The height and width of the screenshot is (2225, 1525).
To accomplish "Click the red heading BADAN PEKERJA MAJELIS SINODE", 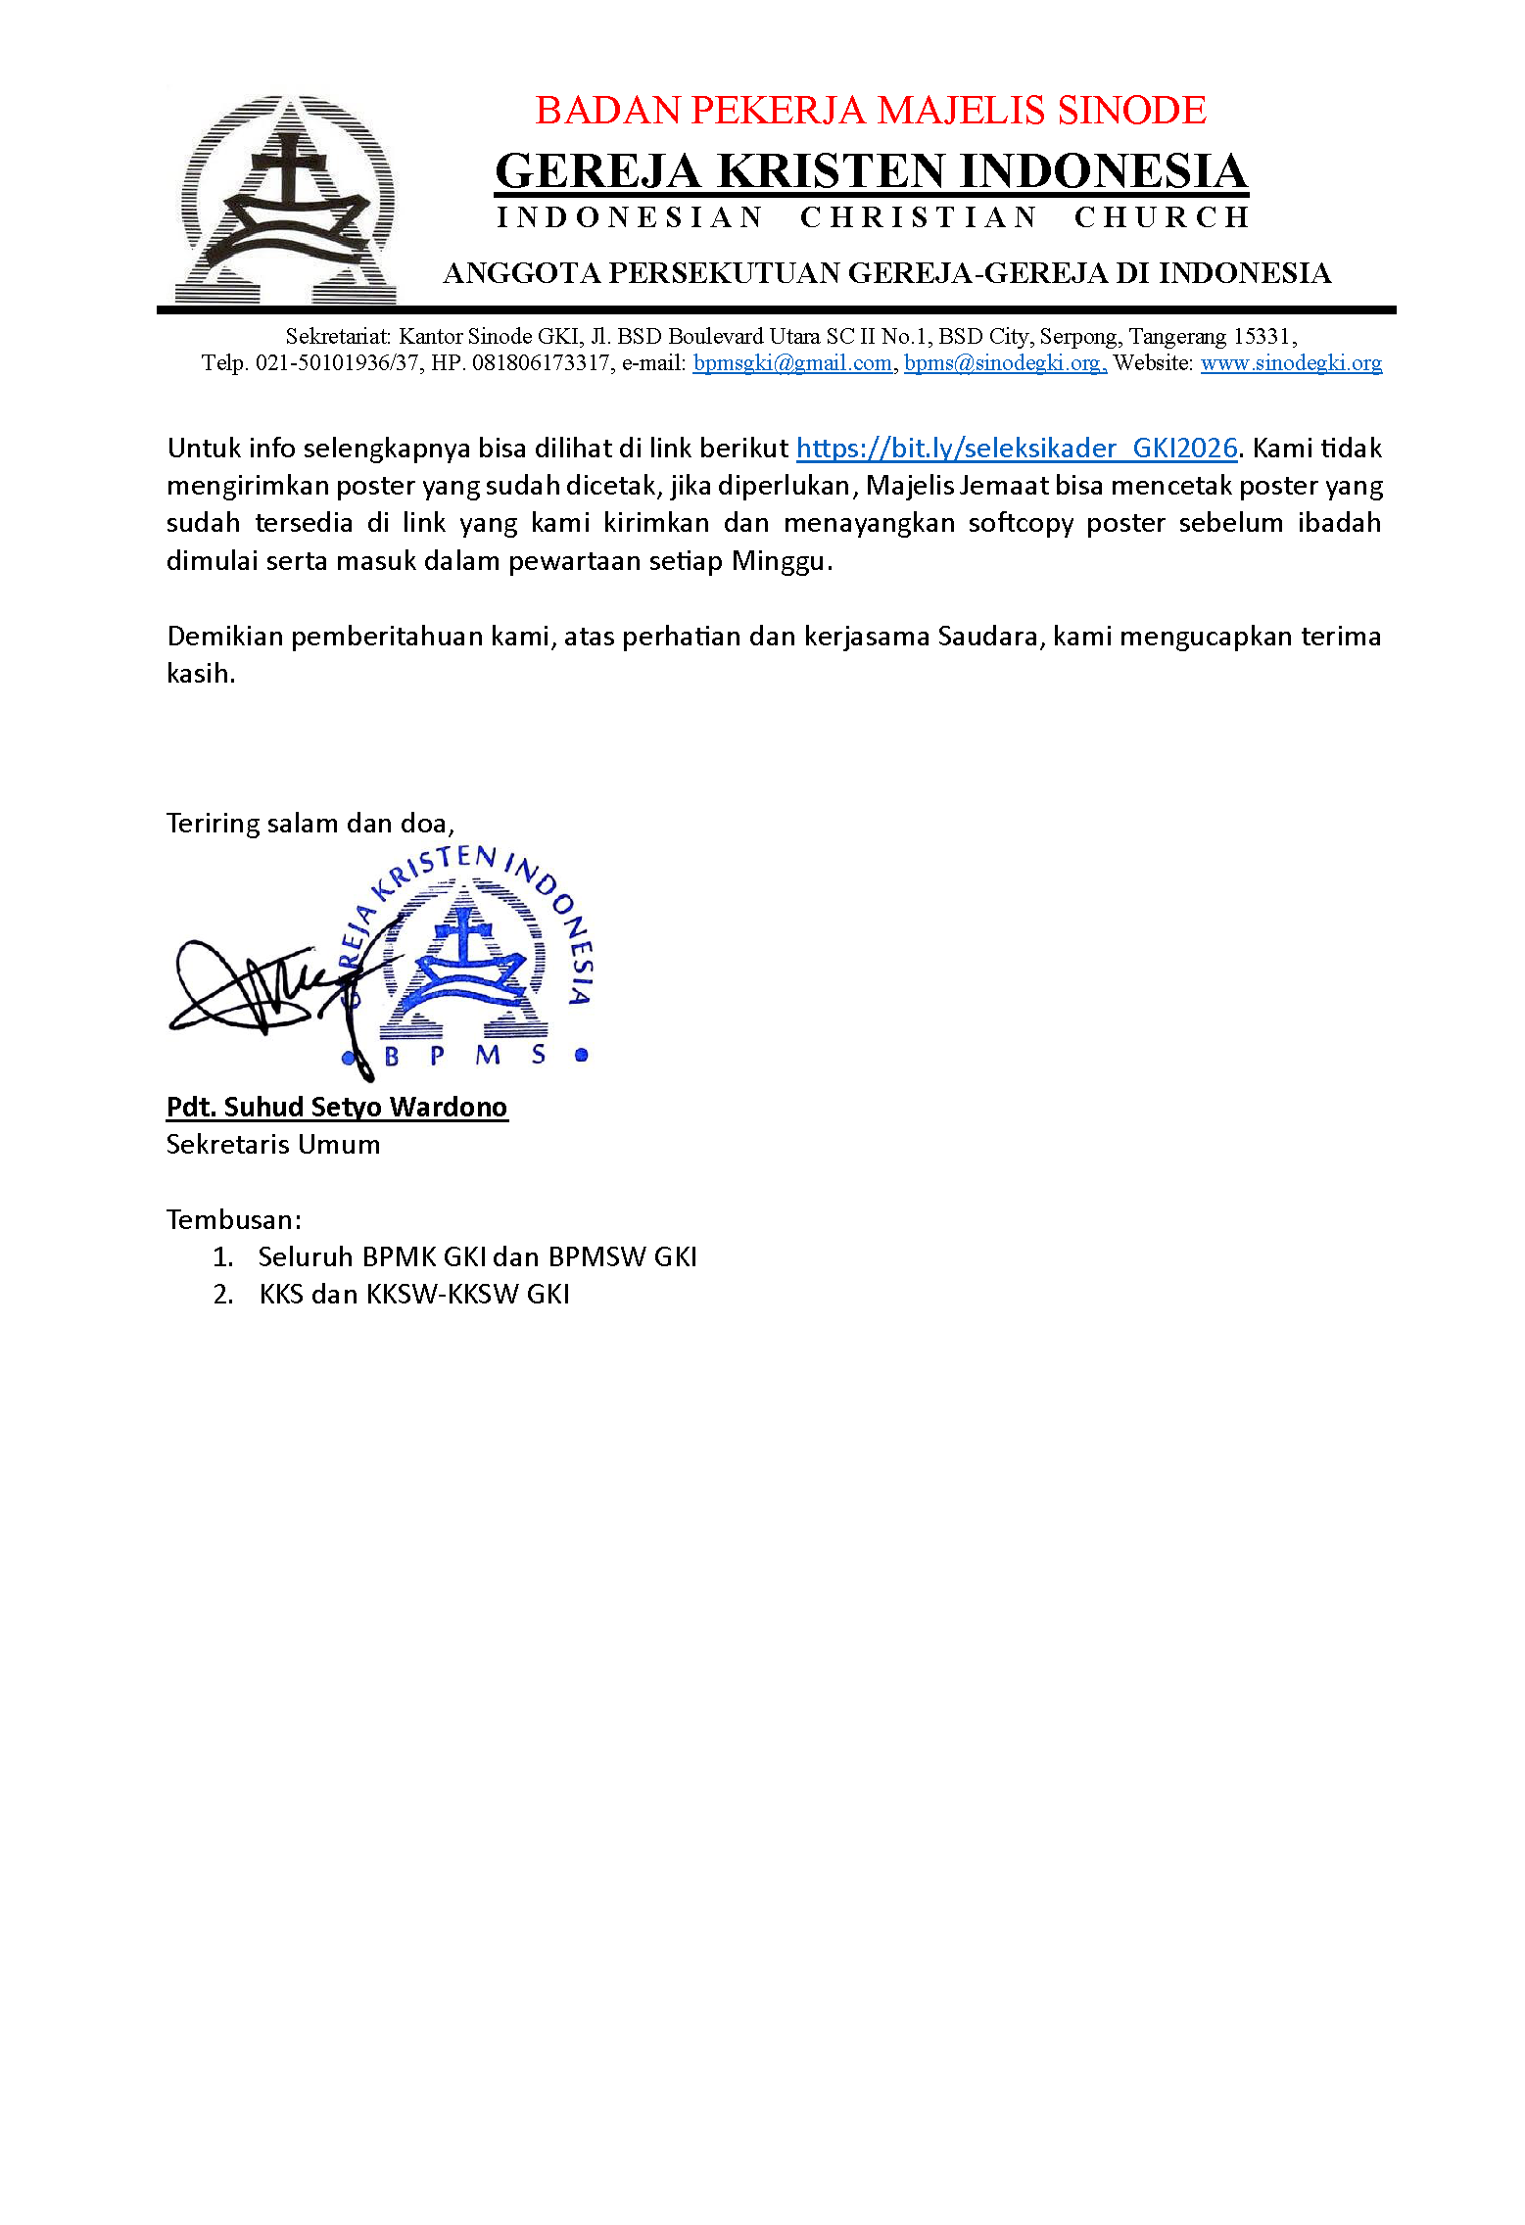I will (x=870, y=111).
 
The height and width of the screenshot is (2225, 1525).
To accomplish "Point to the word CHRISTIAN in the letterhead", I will (x=918, y=217).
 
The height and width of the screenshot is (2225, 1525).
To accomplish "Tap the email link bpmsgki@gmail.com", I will (x=791, y=363).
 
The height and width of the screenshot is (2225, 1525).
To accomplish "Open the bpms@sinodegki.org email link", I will (x=1004, y=363).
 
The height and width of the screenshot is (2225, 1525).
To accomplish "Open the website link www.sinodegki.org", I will (x=1291, y=363).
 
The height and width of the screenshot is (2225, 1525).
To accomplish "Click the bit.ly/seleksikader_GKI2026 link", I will (x=1017, y=449).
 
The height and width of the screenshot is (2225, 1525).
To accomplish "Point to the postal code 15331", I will (x=1262, y=337).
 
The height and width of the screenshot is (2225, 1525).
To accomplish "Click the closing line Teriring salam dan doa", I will (x=310, y=823).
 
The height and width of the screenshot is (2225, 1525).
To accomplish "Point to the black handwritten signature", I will (x=264, y=989).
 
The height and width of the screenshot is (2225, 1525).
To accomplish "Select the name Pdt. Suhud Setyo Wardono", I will (x=337, y=1108).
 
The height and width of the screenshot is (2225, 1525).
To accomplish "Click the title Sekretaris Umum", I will (x=273, y=1145).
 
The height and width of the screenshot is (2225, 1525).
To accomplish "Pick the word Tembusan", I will (x=233, y=1220).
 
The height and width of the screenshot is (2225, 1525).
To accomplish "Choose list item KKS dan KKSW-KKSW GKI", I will (x=413, y=1295).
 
